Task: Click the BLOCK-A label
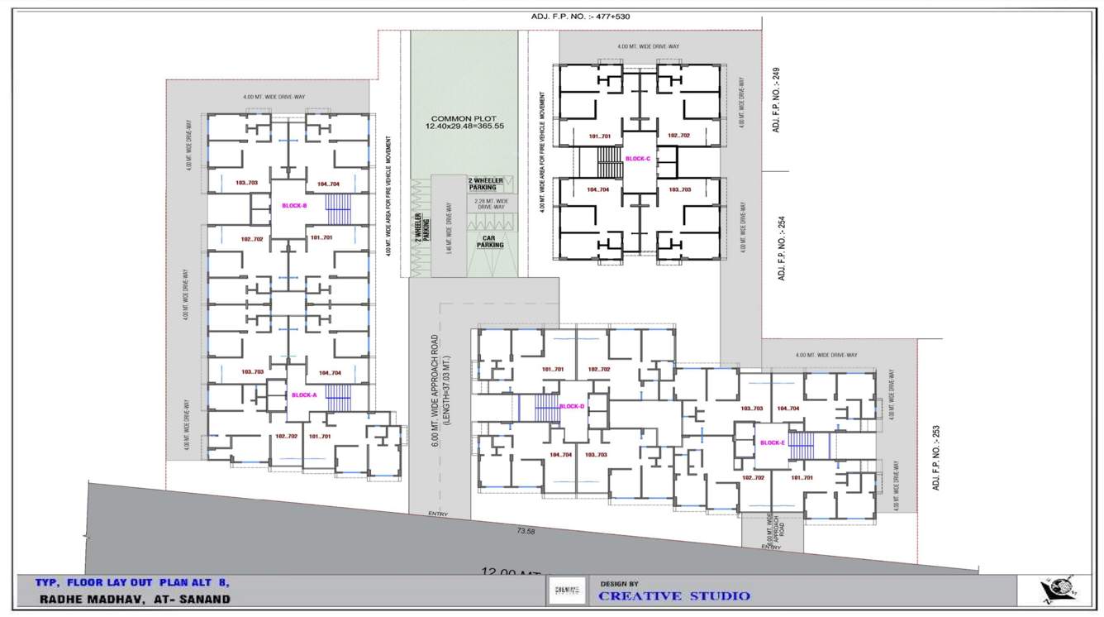click(303, 395)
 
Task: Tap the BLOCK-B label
click(294, 206)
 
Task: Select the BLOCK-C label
click(638, 159)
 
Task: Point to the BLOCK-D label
click(571, 406)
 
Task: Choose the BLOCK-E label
click(772, 442)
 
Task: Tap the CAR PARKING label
click(490, 242)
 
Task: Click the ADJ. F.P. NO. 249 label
click(776, 100)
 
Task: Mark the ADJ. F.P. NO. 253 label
click(935, 458)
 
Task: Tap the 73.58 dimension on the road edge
click(526, 531)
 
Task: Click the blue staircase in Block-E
click(801, 446)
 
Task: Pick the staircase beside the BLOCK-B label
click(338, 209)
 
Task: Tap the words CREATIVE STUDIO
click(674, 596)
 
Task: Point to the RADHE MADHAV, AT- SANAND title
click(135, 599)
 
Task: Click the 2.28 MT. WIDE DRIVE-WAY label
click(491, 203)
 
